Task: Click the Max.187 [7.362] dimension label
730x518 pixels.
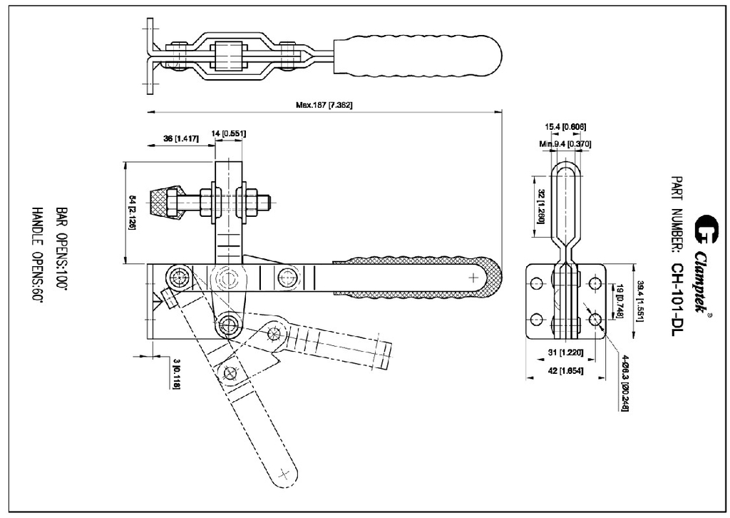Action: (x=324, y=105)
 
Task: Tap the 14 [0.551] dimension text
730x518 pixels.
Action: (x=227, y=133)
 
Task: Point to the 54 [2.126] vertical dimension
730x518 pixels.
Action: (x=132, y=213)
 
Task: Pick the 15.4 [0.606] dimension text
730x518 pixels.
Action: (x=565, y=127)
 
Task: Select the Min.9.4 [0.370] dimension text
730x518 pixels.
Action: (x=565, y=144)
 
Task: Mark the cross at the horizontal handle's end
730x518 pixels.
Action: (x=474, y=276)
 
